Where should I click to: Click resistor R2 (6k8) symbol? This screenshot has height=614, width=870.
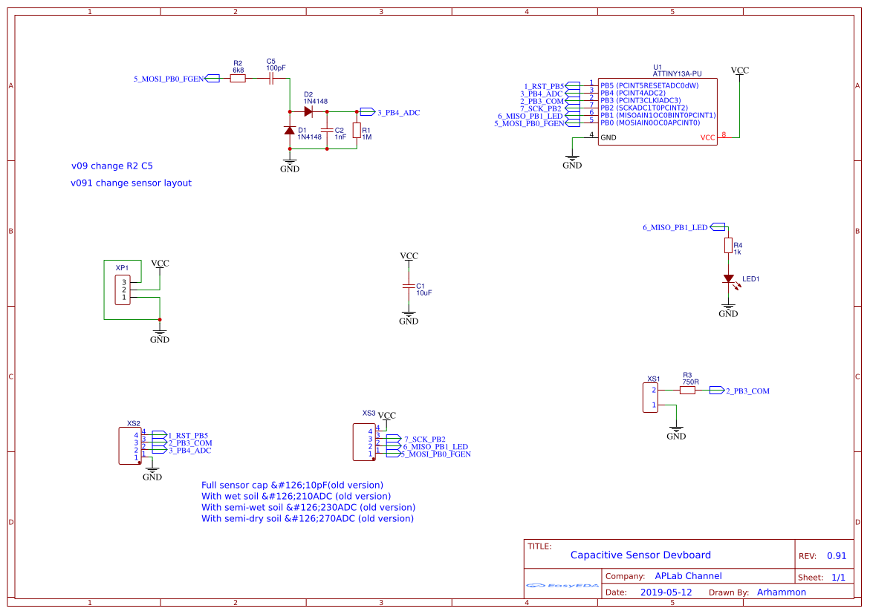click(238, 77)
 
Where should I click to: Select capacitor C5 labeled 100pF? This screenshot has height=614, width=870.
click(272, 77)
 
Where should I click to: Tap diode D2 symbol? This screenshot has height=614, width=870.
click(308, 111)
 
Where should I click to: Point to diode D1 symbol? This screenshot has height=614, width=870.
click(290, 130)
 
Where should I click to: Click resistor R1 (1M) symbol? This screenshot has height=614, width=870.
click(357, 131)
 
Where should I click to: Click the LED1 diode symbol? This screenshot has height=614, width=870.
click(729, 279)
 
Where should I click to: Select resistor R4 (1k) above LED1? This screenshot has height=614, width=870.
click(729, 246)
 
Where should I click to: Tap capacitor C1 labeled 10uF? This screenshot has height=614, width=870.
click(408, 286)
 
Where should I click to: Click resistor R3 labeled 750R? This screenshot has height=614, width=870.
click(687, 390)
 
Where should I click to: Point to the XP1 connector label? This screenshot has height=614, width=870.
click(122, 267)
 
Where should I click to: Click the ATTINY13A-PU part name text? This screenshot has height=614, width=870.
click(677, 74)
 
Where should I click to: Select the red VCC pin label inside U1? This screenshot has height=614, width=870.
click(707, 137)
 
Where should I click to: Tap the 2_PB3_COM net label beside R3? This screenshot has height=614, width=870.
click(747, 391)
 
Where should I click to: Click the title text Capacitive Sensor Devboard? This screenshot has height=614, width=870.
click(640, 555)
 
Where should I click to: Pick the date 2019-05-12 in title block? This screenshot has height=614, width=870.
click(666, 592)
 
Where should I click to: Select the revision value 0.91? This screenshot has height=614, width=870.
click(837, 555)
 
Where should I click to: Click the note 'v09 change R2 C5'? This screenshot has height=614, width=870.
click(117, 166)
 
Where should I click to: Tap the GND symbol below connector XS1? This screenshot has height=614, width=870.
click(676, 429)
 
